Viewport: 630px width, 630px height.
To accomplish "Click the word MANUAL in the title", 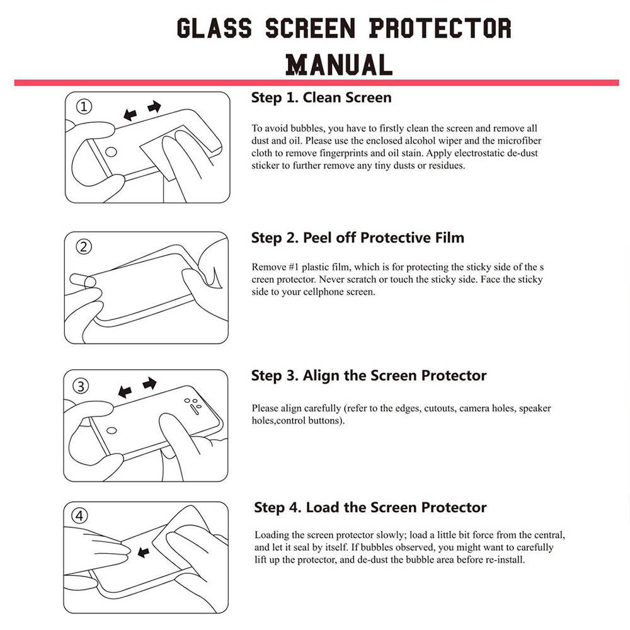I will (x=338, y=64).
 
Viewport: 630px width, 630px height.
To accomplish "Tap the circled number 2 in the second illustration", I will (x=84, y=246).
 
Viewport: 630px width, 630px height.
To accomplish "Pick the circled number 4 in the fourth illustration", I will (x=80, y=517).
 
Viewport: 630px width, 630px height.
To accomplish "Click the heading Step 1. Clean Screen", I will (x=321, y=98).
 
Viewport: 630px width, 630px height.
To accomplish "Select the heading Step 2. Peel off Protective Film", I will (x=357, y=238).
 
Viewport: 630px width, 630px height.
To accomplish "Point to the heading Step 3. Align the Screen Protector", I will (x=369, y=375).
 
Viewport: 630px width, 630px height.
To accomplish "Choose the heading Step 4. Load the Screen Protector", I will (x=370, y=507).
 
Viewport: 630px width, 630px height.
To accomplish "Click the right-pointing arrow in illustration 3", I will (x=149, y=383).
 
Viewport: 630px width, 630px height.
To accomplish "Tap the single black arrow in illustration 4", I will (x=143, y=553).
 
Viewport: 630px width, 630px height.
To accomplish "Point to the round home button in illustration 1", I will (x=112, y=151).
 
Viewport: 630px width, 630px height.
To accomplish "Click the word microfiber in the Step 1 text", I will (x=520, y=140).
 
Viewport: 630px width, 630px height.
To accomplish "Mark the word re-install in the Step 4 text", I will (x=504, y=559).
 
